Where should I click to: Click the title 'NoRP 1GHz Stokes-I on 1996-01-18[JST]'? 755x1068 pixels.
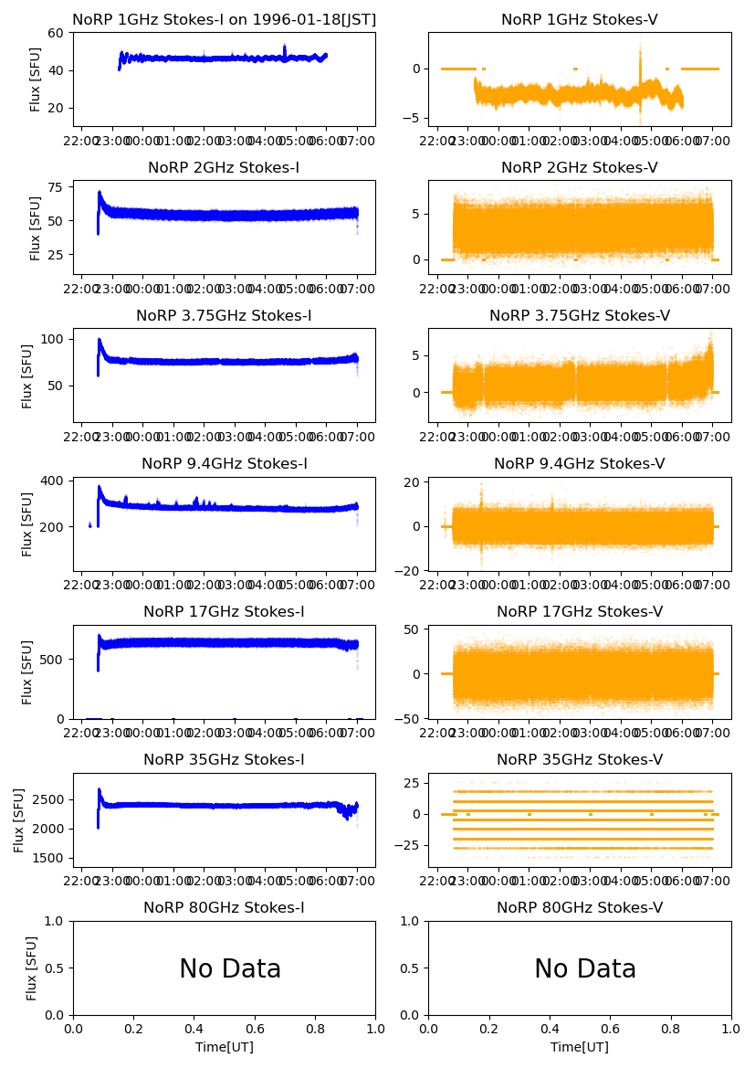[x=224, y=19]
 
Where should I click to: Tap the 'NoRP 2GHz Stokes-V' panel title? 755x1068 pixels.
[x=580, y=167]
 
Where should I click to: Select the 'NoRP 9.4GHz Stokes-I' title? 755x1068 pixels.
[x=224, y=463]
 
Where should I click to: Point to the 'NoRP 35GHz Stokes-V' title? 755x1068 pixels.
[x=580, y=759]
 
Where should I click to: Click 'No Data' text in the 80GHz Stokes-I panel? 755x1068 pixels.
[x=230, y=968]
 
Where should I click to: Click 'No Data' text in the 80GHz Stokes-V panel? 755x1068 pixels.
[x=585, y=968]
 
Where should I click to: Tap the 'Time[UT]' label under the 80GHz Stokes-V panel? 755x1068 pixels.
[x=580, y=1046]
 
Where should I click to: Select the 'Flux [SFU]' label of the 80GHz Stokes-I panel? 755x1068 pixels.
[x=33, y=968]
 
